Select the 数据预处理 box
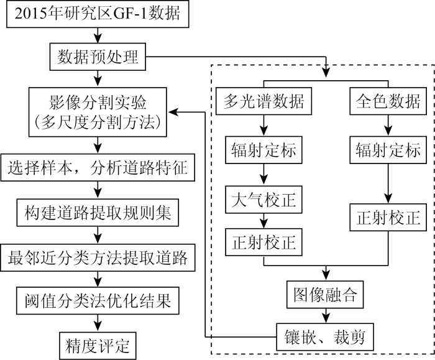(x=96, y=59)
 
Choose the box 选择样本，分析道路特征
(x=96, y=166)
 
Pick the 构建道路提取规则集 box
(x=96, y=213)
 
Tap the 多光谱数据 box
(x=264, y=101)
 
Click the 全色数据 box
(x=388, y=101)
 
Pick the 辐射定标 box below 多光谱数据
(x=264, y=150)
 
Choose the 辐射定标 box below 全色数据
(x=388, y=150)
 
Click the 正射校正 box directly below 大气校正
(x=264, y=240)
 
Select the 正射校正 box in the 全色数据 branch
(x=388, y=218)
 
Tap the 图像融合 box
(x=326, y=293)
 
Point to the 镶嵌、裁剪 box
(x=326, y=338)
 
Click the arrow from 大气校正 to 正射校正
(x=264, y=220)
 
